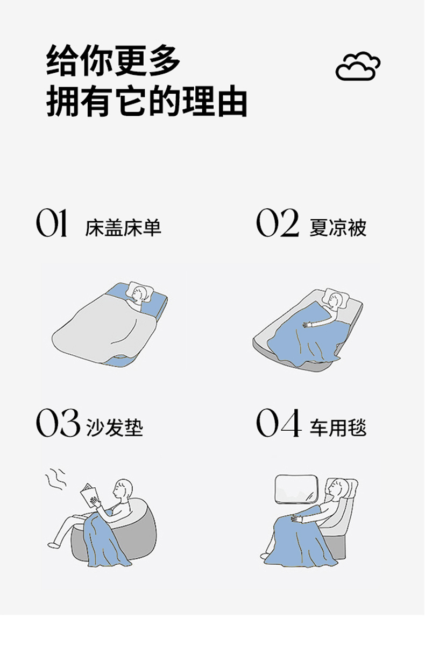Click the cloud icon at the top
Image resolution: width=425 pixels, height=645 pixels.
click(x=358, y=66)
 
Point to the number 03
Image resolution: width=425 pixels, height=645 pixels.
click(x=58, y=423)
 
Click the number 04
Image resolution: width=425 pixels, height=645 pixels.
click(x=278, y=423)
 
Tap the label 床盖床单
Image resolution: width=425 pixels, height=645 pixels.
click(x=123, y=228)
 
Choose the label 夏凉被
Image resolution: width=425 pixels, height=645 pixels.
click(x=337, y=228)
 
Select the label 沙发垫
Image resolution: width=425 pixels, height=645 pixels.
click(x=114, y=428)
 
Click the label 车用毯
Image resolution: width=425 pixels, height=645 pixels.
click(x=338, y=428)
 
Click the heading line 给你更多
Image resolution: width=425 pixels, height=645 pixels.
click(x=114, y=61)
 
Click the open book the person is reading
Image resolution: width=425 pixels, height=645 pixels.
click(x=90, y=496)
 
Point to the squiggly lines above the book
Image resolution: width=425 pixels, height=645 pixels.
click(x=55, y=479)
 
